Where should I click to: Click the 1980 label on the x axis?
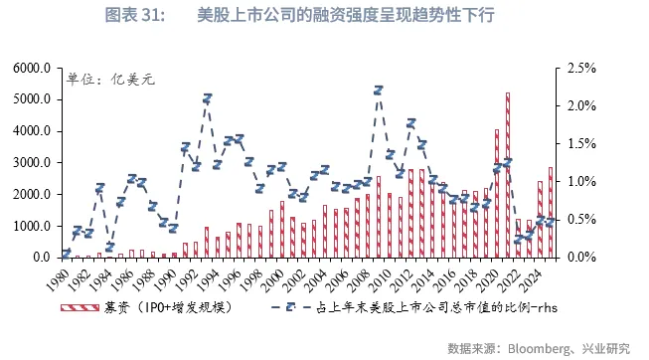[x=62, y=275]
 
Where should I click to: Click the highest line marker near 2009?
[x=379, y=90]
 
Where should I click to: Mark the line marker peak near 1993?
[x=207, y=98]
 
